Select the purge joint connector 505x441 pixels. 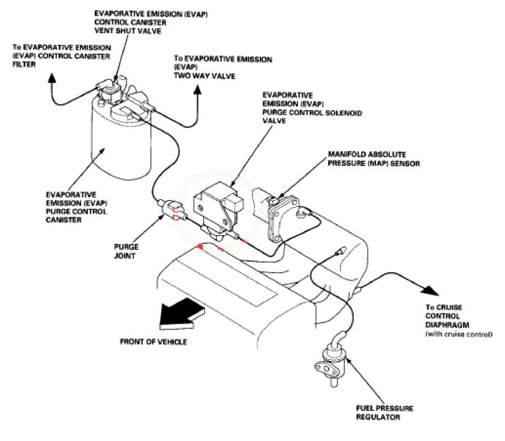point(171,209)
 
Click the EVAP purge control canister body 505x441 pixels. point(118,148)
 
